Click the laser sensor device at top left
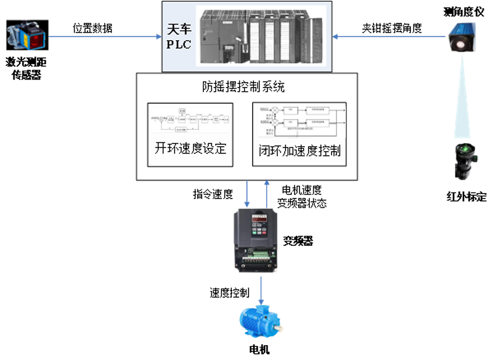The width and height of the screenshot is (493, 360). (x=26, y=35)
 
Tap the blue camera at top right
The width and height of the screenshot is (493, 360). (x=463, y=36)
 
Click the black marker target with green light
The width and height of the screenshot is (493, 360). (x=467, y=160)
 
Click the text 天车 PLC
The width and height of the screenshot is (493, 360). (x=179, y=36)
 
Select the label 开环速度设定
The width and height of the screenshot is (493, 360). (x=190, y=148)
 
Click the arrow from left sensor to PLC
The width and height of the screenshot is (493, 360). (x=105, y=36)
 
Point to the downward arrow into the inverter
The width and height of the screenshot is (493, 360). (x=247, y=194)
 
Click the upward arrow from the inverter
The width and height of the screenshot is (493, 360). (x=266, y=194)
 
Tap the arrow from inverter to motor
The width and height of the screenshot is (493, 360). (x=262, y=288)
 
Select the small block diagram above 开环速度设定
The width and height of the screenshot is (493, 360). (x=190, y=121)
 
